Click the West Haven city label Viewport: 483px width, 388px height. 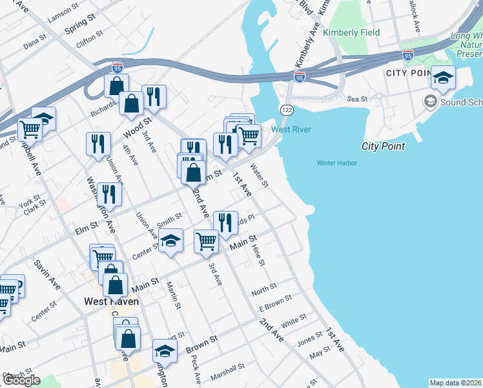click(x=112, y=301)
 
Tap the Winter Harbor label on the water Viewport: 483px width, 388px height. click(x=336, y=163)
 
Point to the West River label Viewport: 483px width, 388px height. click(x=291, y=129)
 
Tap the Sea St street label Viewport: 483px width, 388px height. click(x=356, y=99)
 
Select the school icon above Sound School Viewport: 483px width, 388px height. click(x=442, y=78)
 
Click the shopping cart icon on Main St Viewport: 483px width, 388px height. click(x=206, y=241)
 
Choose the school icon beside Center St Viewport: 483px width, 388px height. click(x=170, y=241)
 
